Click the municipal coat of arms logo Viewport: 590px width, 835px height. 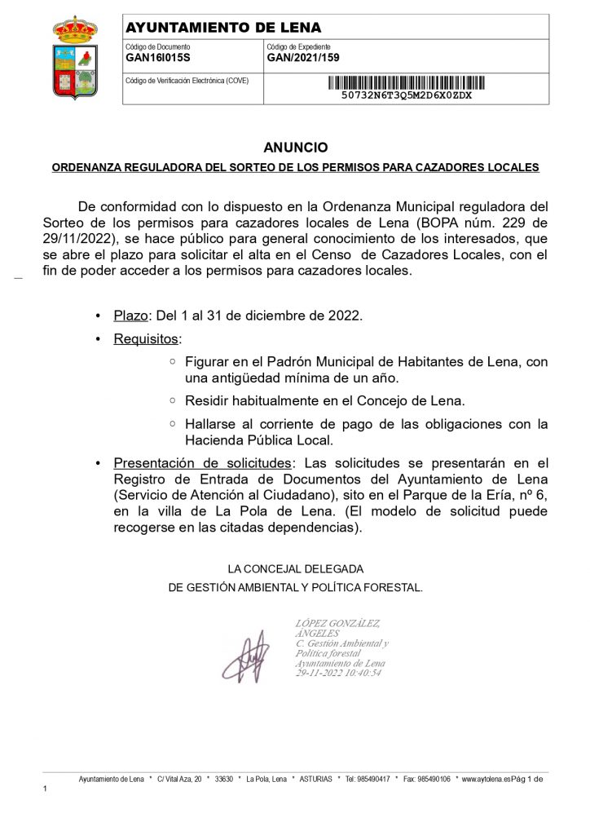[x=74, y=58]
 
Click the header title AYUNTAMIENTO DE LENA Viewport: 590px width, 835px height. [x=223, y=28]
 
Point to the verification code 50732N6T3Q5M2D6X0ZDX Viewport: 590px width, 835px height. [x=406, y=95]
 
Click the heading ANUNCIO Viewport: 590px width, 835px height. [x=295, y=148]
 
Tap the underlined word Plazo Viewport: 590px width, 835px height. [x=130, y=316]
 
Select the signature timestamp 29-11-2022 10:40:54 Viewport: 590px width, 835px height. [x=337, y=673]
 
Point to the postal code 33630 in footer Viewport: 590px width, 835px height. [x=222, y=780]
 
